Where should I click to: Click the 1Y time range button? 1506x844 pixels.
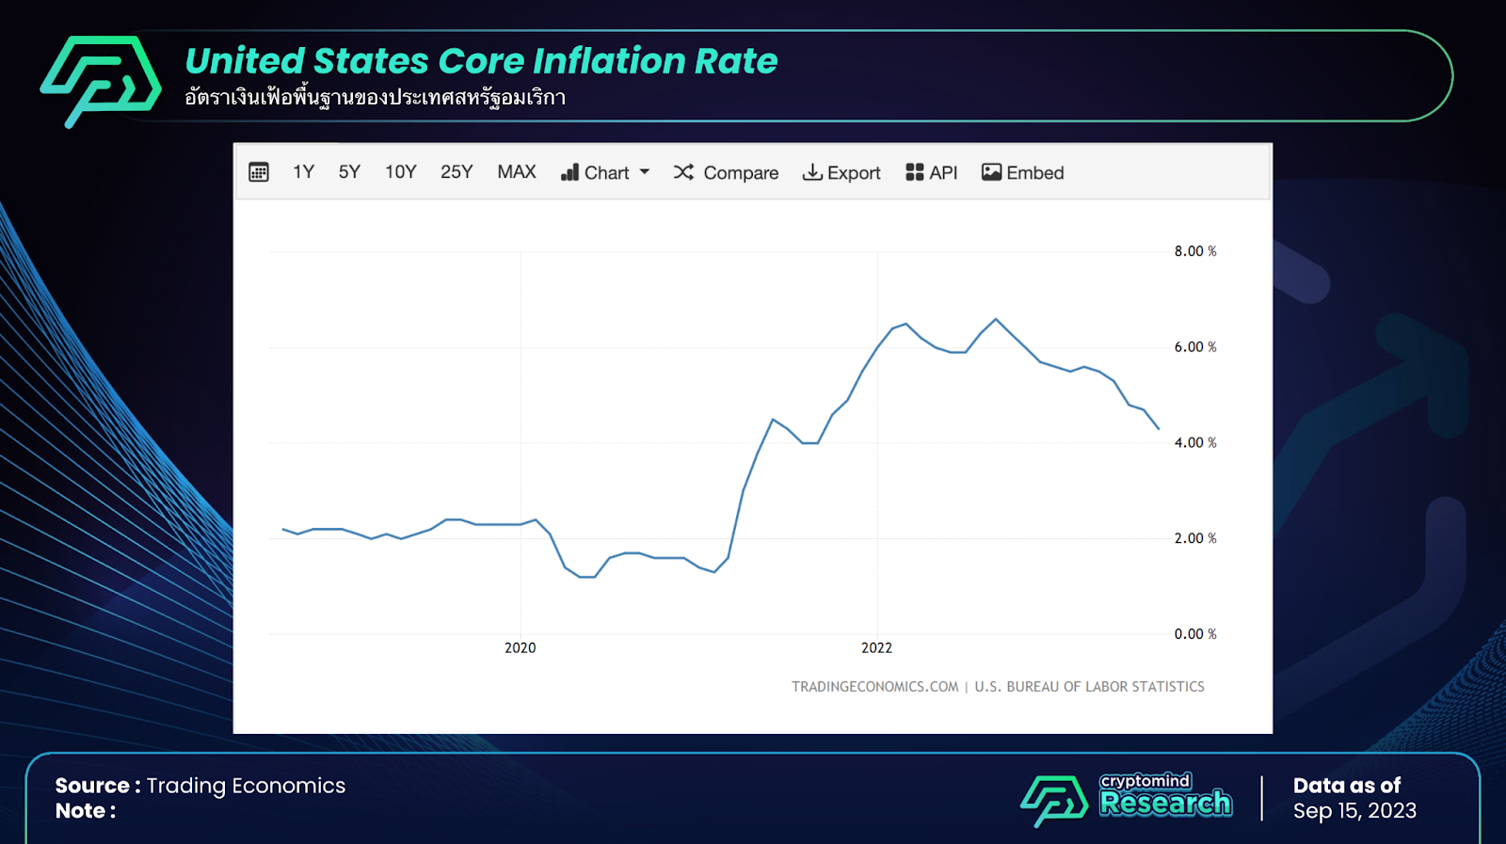(303, 172)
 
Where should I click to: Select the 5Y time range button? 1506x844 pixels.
(349, 172)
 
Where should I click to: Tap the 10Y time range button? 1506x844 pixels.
(400, 172)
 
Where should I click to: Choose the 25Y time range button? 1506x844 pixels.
(457, 172)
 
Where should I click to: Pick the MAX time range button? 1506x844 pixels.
(517, 172)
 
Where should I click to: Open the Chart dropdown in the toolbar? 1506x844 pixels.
(605, 173)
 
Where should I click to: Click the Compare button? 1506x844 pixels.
(726, 173)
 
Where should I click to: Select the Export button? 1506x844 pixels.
(841, 173)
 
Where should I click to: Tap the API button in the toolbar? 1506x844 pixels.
(932, 173)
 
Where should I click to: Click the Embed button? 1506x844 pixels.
(1023, 173)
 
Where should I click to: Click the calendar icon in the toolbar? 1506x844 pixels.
(259, 172)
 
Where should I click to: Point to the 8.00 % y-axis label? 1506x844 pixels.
(1194, 251)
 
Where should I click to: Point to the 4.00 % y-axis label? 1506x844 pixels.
(1194, 443)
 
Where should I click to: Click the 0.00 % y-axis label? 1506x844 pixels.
(1194, 634)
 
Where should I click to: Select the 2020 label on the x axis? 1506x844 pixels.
(521, 648)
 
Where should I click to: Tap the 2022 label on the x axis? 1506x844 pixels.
(876, 648)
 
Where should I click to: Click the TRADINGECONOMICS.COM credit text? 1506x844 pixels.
(874, 687)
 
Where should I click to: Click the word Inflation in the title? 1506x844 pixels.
(609, 61)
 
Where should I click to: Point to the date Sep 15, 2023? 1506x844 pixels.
(1354, 811)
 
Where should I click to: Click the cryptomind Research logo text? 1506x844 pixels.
(1165, 796)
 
